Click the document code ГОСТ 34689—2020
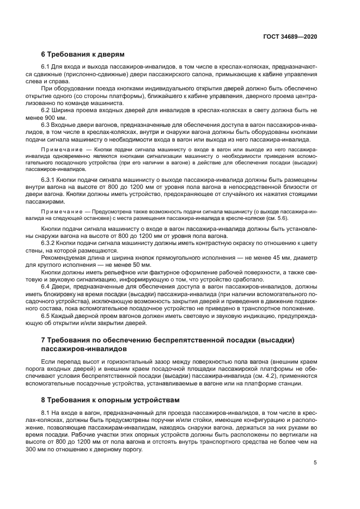[290, 36]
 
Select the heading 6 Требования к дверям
[83, 54]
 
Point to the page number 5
[315, 463]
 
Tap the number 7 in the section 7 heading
[44, 340]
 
